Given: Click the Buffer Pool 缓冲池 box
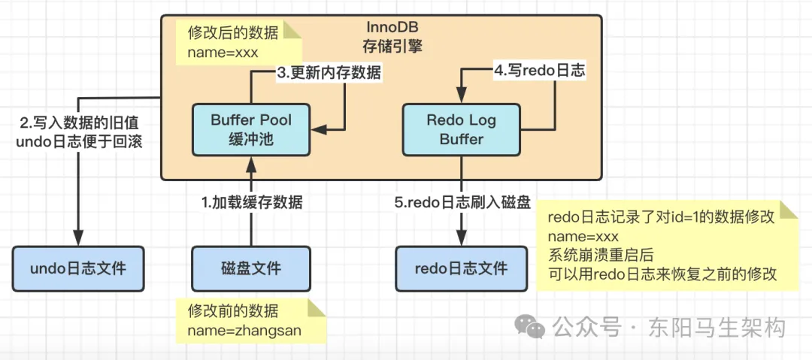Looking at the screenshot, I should [250, 129].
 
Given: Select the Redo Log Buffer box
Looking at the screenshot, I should [461, 129].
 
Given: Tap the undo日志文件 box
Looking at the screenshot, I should [77, 268].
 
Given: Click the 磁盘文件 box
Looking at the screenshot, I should [250, 268].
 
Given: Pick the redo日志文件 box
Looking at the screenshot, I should [461, 268].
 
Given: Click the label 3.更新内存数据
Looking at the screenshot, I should [329, 73].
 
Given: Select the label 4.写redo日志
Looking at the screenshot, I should [538, 73].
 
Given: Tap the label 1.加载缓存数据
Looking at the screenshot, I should [252, 201].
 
